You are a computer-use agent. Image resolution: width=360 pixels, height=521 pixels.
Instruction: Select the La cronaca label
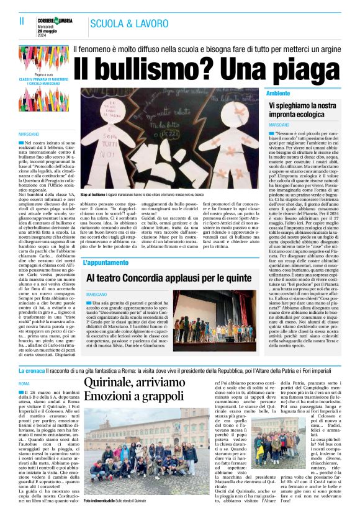point(31,370)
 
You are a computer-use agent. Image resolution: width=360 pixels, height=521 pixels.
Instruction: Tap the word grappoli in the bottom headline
point(155,396)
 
